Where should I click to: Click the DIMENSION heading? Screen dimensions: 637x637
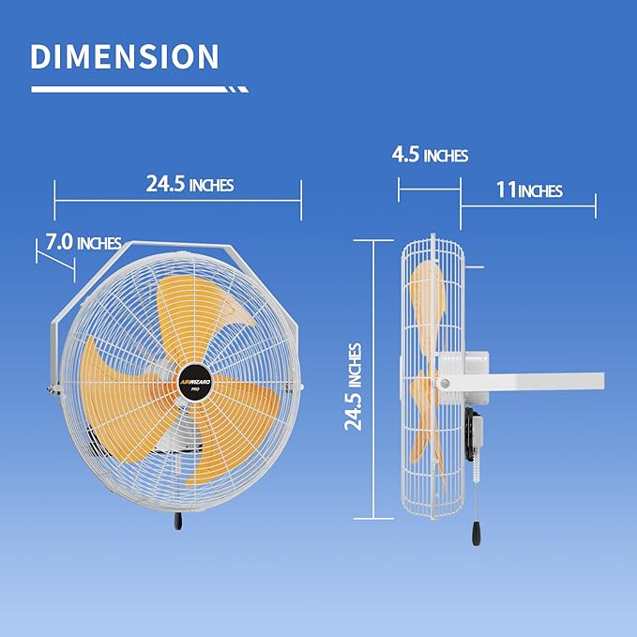coord(125,56)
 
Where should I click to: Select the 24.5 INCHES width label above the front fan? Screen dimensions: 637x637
coord(190,185)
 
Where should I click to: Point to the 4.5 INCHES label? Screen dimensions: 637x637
coord(430,155)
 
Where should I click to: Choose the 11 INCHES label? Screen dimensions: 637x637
coord(529,190)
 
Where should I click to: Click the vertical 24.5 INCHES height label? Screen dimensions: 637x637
coord(354,386)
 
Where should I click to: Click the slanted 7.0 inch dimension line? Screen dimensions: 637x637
coord(54,257)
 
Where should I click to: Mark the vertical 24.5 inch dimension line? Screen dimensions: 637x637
coord(376,379)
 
